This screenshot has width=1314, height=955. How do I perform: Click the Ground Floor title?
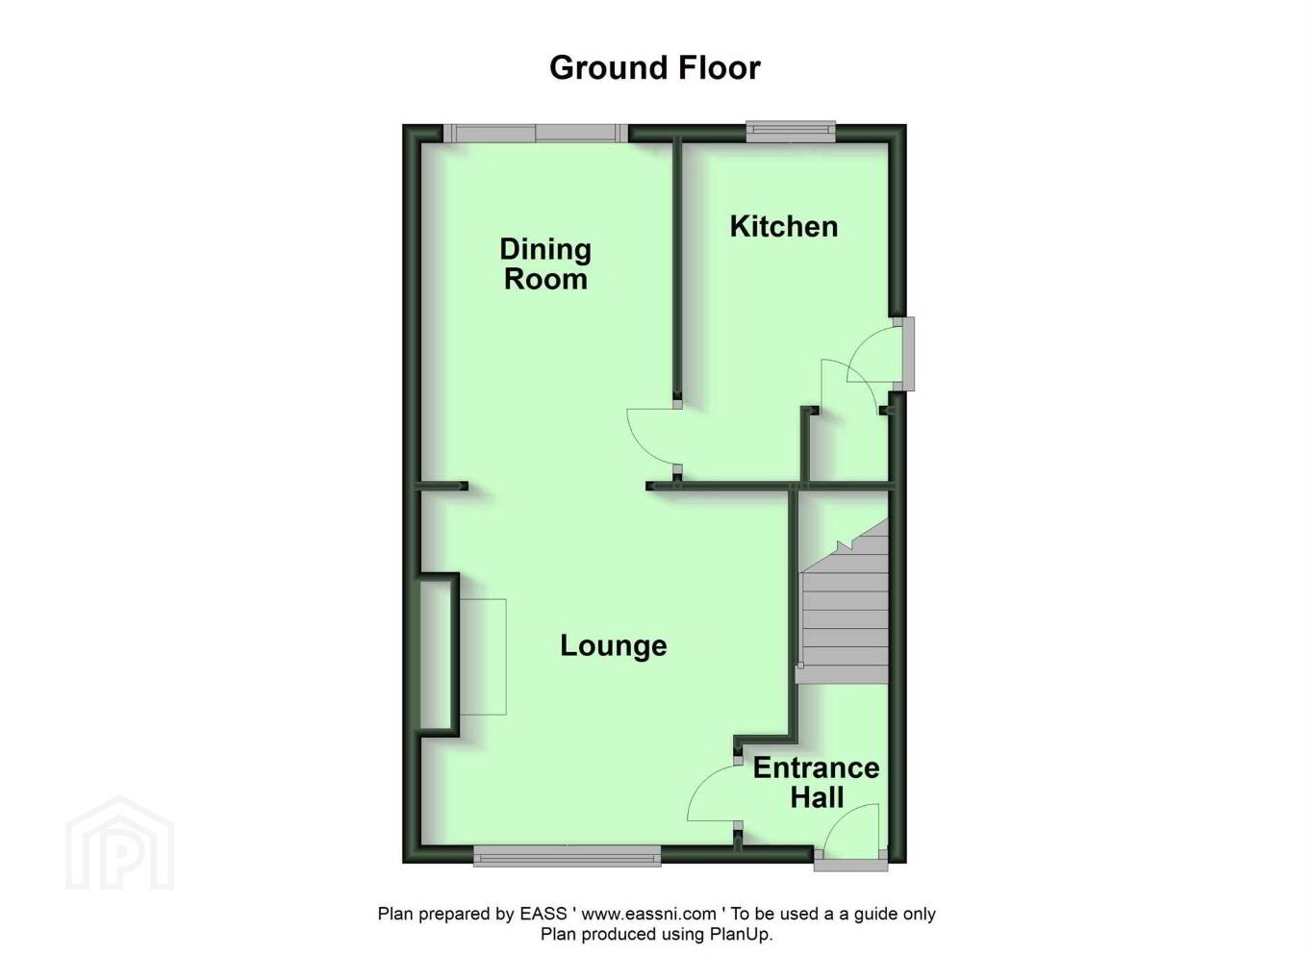click(655, 68)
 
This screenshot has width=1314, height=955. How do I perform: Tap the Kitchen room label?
click(784, 226)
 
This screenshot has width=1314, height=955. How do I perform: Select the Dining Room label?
click(545, 264)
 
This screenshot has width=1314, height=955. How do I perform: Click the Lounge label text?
click(613, 645)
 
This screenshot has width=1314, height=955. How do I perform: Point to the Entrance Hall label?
click(816, 782)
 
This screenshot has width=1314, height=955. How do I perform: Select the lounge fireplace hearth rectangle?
click(482, 657)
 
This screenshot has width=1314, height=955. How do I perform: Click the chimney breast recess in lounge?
click(437, 654)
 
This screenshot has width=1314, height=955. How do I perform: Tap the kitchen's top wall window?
click(790, 132)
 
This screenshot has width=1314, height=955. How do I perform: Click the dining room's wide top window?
click(535, 133)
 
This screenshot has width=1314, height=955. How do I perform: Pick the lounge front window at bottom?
click(567, 856)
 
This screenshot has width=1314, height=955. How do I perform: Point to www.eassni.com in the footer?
click(648, 914)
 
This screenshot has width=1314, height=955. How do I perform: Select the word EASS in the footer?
click(543, 914)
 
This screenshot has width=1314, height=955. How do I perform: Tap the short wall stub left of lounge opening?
click(442, 486)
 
